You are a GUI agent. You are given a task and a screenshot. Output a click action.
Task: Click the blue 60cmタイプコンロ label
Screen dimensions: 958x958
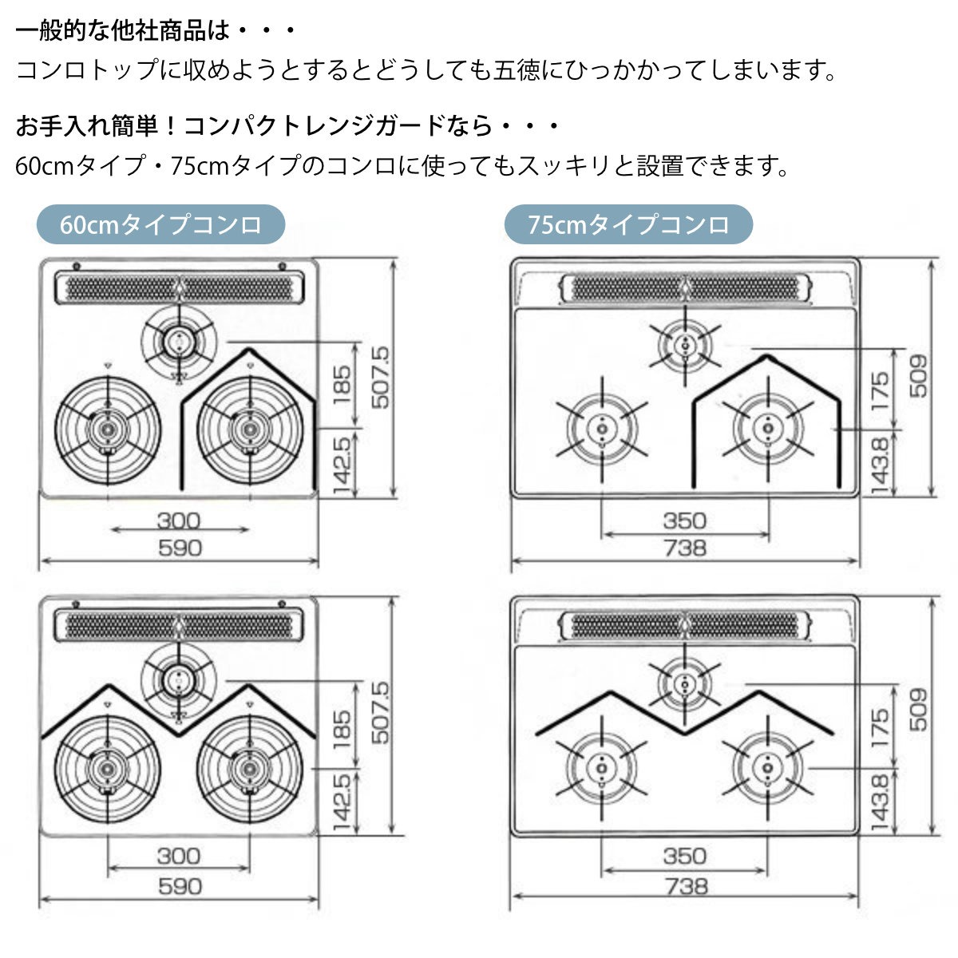pos(160,224)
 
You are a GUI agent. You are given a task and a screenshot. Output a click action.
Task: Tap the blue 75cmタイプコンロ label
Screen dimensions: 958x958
pos(628,224)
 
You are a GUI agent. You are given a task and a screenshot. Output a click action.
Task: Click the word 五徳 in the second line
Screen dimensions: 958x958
pos(516,69)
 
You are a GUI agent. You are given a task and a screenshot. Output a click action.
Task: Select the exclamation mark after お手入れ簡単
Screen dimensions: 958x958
pos(171,126)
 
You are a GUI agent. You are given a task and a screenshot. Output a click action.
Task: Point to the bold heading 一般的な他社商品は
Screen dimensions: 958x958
pos(123,31)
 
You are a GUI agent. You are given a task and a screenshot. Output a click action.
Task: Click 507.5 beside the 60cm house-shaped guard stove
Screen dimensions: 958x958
pos(381,378)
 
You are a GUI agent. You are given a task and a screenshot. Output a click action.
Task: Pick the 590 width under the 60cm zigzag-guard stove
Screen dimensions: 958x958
pos(180,886)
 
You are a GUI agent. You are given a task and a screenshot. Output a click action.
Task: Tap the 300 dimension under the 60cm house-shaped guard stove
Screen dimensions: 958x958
pos(179,521)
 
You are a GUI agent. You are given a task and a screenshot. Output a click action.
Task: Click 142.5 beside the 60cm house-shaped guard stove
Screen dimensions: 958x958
pos(342,465)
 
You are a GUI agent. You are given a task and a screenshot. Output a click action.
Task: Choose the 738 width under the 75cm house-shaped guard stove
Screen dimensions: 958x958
pos(686,548)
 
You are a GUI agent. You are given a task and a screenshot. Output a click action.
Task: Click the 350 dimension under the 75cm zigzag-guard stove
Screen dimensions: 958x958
pos(684,856)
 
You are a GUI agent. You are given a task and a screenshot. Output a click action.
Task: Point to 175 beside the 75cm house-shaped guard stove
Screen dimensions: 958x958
pos(880,390)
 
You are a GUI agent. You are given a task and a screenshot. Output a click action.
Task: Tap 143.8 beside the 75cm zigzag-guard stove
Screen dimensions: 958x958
pos(880,803)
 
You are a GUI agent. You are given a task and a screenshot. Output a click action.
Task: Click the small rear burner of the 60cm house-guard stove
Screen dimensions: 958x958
pos(179,341)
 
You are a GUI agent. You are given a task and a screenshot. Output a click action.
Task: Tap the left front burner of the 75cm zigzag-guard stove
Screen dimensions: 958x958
pos(602,768)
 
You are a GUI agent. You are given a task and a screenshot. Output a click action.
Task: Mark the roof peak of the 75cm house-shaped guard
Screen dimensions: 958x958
pos(766,356)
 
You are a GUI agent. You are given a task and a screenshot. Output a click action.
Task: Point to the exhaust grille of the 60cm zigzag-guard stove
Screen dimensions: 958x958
pos(179,625)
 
